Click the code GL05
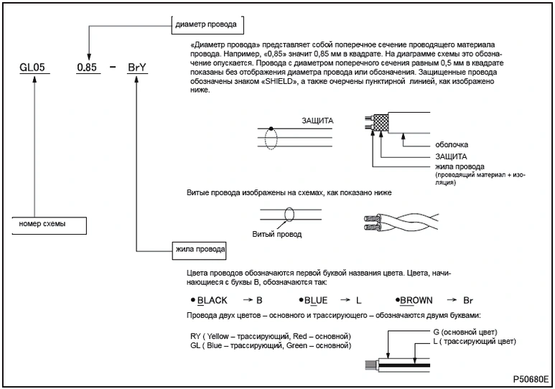(32, 67)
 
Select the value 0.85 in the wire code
(87, 67)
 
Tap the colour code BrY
(137, 67)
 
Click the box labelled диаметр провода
(207, 25)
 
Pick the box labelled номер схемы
(50, 225)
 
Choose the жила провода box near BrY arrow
(200, 251)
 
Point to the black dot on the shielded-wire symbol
(271, 128)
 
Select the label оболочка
(452, 144)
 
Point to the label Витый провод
(277, 234)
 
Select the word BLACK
(213, 301)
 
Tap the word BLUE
(316, 301)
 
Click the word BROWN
(416, 301)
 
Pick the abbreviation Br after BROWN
(468, 301)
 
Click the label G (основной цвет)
(465, 332)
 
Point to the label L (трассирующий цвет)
(475, 341)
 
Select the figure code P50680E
(531, 379)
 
